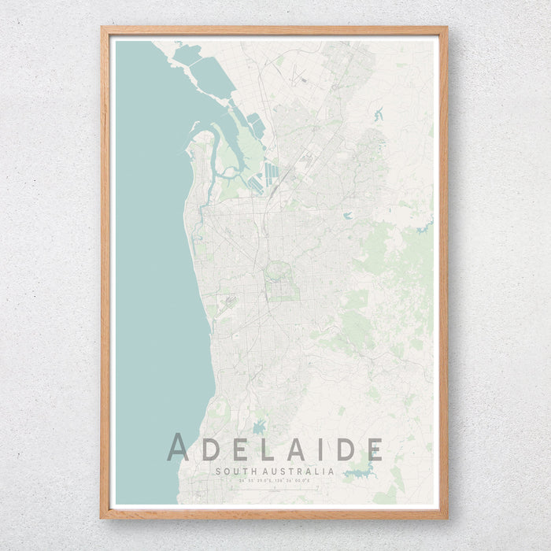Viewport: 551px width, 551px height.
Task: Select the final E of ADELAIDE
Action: pos(374,448)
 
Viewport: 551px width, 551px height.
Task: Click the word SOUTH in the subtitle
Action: pos(233,471)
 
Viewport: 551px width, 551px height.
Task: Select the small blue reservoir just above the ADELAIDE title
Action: pos(259,427)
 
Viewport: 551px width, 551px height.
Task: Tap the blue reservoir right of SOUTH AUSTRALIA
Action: pos(359,472)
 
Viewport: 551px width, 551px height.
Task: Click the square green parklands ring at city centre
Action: pos(281,282)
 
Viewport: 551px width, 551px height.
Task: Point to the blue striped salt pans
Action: pos(269,174)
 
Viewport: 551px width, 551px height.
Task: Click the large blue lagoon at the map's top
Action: pos(211,76)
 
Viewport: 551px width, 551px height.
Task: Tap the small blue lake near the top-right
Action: pos(378,115)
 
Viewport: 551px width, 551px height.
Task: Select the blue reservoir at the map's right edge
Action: pos(425,227)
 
